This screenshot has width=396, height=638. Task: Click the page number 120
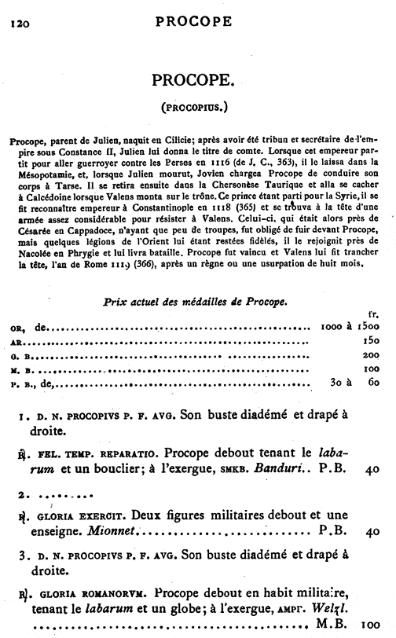point(17,23)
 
